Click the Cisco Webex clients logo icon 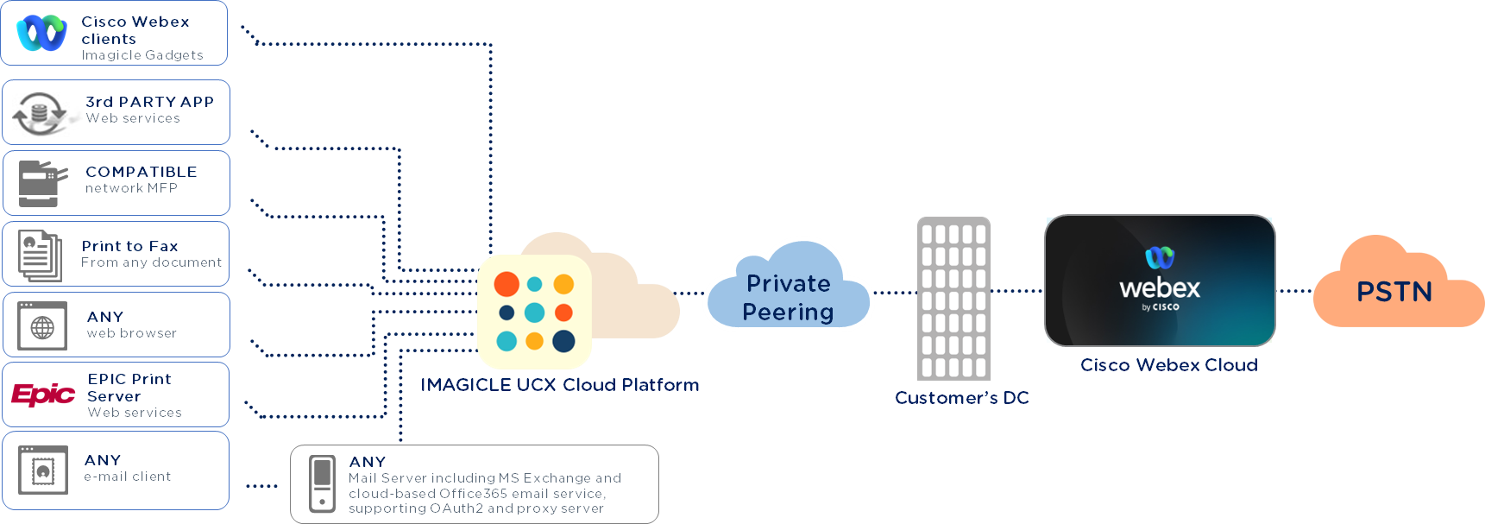(x=41, y=33)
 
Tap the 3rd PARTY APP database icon (x=40, y=113)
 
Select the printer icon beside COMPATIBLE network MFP (x=41, y=183)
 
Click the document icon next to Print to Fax (x=41, y=255)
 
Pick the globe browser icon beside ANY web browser (x=42, y=325)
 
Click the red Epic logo (x=43, y=395)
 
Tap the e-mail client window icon (x=42, y=470)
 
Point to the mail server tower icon (x=322, y=483)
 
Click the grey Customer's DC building (x=953, y=298)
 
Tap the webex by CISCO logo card (x=1160, y=281)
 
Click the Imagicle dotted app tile (x=534, y=312)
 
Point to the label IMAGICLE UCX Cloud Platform (x=560, y=385)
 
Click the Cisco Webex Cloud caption (x=1168, y=365)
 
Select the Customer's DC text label (x=961, y=398)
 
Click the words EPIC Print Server (x=129, y=388)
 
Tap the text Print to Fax (x=129, y=246)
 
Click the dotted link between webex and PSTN (x=1294, y=291)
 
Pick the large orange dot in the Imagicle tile (x=507, y=283)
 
